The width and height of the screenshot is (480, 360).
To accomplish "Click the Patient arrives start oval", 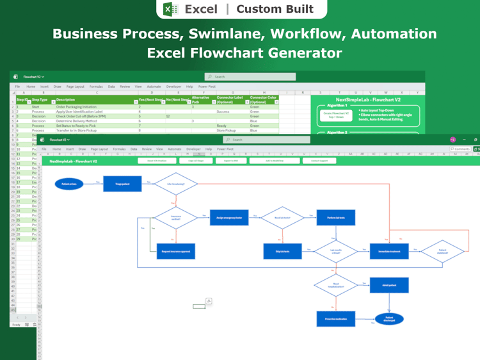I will [x=69, y=184].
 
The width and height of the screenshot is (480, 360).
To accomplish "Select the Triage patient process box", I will [x=122, y=184].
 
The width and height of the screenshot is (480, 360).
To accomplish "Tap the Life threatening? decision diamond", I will [x=175, y=184].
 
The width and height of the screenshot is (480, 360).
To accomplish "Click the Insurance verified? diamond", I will [x=175, y=218].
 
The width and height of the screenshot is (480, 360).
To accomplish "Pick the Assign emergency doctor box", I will [x=229, y=218].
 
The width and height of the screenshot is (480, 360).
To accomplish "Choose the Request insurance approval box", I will [x=175, y=251].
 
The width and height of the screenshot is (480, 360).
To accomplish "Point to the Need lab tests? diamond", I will [x=282, y=218].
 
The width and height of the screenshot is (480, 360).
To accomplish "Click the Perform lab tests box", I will [x=336, y=218].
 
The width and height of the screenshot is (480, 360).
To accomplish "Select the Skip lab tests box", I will [x=282, y=251].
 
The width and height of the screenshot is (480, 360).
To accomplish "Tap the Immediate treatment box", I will [x=389, y=251].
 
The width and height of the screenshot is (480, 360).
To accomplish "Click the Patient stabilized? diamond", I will [x=442, y=251].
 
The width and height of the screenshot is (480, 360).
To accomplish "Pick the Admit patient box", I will [x=389, y=285].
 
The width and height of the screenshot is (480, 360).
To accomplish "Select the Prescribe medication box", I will [x=336, y=318].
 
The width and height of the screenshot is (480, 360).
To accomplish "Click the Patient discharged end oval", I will [x=389, y=318].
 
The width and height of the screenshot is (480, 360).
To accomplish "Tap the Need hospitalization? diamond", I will [x=336, y=285].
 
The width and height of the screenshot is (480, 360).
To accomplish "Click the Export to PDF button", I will [x=231, y=161].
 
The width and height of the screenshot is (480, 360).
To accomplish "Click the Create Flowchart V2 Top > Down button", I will [x=337, y=115].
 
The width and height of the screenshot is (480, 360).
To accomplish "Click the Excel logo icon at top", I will [x=170, y=9].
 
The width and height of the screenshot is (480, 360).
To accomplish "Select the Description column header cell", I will [x=96, y=100].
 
